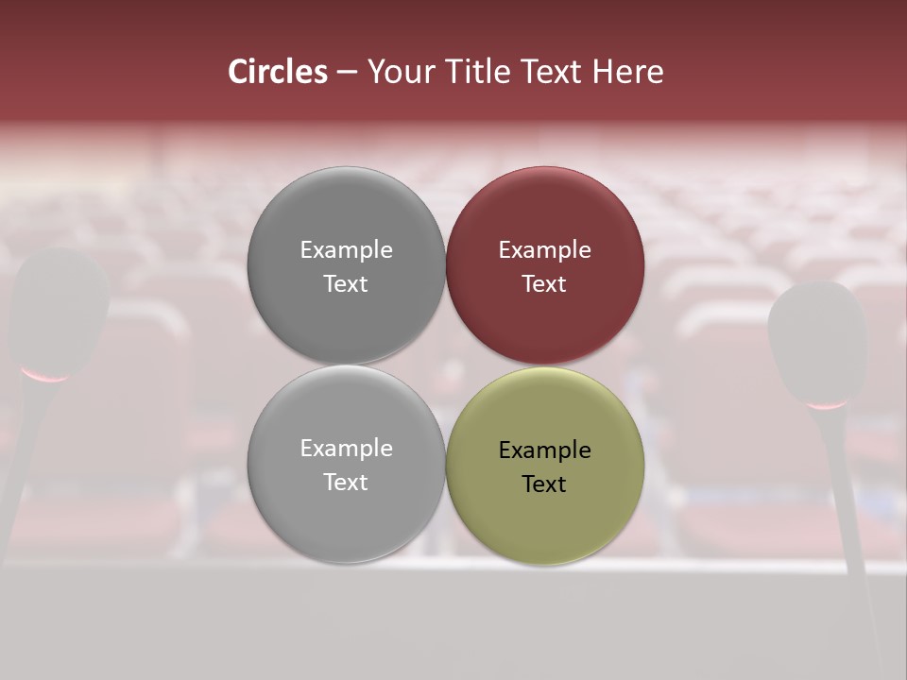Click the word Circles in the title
click(278, 72)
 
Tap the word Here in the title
click(628, 72)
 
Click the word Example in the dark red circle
click(545, 250)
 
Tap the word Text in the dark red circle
click(545, 283)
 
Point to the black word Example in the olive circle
click(545, 450)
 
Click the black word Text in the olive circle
click(545, 484)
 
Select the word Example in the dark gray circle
click(346, 250)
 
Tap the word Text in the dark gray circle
click(346, 283)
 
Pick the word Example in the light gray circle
click(346, 449)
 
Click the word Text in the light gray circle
click(346, 482)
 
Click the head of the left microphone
click(59, 307)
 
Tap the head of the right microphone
click(818, 340)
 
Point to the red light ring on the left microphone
click(46, 376)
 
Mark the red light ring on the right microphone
click(827, 404)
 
